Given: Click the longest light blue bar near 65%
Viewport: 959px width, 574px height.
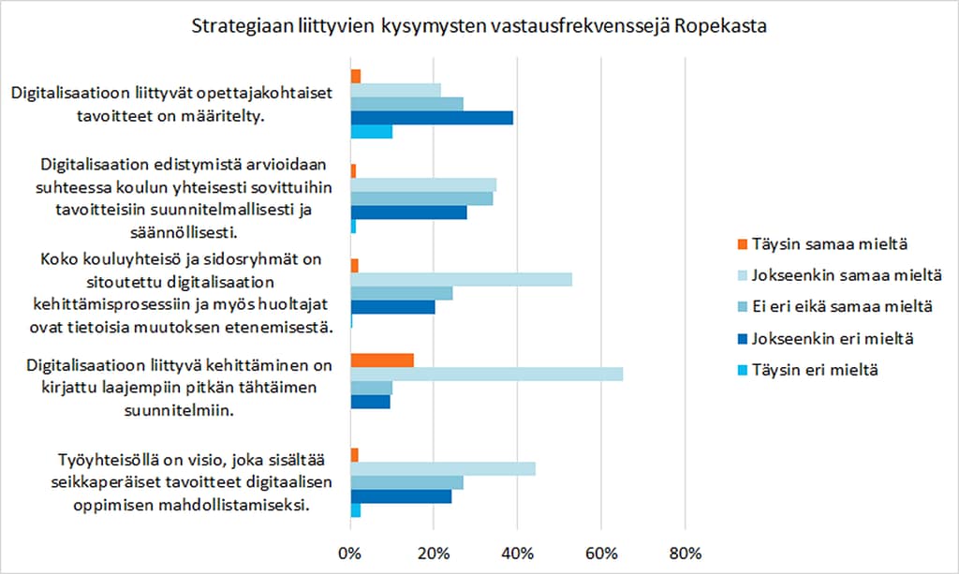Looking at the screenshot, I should click(486, 375).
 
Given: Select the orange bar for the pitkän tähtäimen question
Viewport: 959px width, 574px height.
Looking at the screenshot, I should click(381, 361).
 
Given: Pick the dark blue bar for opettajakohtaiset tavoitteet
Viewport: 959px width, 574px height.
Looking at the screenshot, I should click(431, 118).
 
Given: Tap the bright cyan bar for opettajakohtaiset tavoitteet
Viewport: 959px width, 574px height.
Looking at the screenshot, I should click(371, 132).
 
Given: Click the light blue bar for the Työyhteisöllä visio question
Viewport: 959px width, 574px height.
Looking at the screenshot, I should click(442, 469).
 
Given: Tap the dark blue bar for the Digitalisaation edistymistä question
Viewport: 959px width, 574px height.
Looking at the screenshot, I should click(408, 213).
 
